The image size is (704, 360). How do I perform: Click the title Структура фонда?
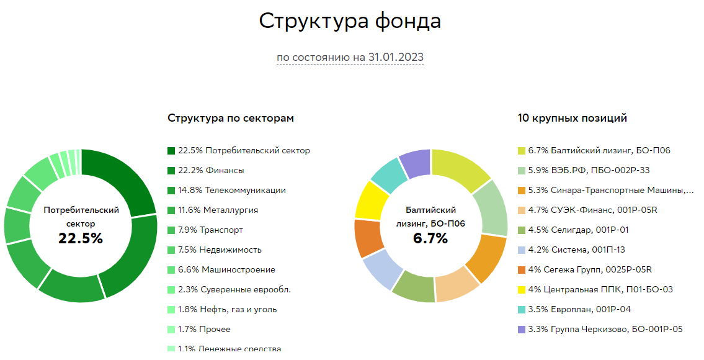[x=350, y=21]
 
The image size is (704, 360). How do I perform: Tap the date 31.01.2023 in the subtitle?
[x=396, y=57]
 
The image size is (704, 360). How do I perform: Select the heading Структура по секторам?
[x=231, y=118]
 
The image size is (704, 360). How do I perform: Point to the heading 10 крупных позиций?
[x=572, y=118]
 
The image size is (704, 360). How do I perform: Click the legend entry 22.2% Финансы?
[x=211, y=170]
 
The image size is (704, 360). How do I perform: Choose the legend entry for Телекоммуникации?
[x=232, y=190]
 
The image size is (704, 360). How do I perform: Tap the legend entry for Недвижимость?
[x=220, y=250]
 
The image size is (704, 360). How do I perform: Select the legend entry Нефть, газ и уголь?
[x=227, y=309]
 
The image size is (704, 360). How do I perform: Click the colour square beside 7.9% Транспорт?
[x=172, y=230]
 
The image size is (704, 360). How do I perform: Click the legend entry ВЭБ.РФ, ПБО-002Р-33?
[x=589, y=170]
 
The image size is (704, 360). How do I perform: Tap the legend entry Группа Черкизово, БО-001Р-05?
[x=605, y=329]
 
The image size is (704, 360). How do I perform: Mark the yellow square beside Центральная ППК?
[x=522, y=290]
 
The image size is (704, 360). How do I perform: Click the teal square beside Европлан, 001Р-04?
[x=522, y=310]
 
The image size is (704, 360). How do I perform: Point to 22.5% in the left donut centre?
[x=81, y=238]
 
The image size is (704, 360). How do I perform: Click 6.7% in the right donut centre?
[x=430, y=238]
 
